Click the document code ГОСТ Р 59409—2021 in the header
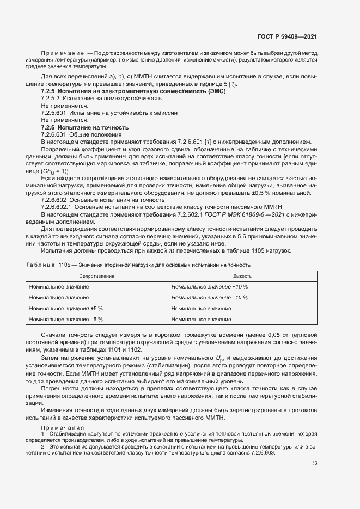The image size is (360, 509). point(287,37)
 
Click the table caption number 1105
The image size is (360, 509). point(65,265)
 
